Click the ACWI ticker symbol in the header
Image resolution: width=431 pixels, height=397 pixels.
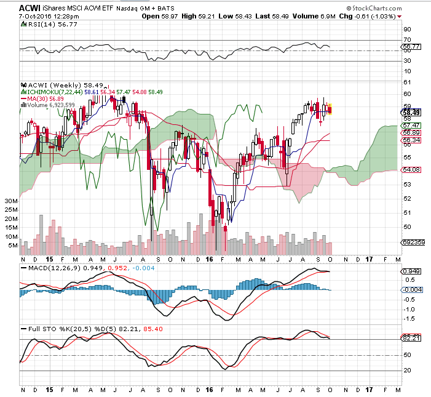click(x=30, y=7)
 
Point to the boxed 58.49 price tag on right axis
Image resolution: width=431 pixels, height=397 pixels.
click(x=411, y=113)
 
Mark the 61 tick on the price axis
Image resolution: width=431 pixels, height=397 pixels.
click(x=407, y=82)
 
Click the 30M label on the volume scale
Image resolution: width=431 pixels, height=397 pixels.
click(x=10, y=201)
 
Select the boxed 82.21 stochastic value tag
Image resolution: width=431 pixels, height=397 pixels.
click(x=411, y=339)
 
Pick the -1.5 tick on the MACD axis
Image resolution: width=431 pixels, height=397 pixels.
click(x=409, y=319)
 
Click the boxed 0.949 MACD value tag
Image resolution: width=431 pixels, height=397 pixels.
click(x=411, y=271)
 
